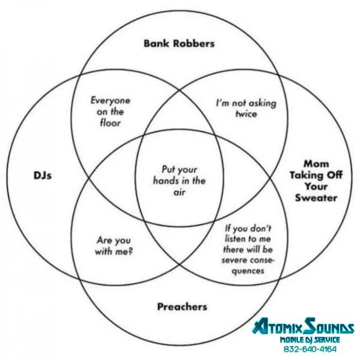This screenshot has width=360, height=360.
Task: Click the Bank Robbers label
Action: [179, 43]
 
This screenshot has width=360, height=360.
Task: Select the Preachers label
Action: [182, 307]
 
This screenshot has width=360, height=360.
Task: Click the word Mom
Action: [316, 163]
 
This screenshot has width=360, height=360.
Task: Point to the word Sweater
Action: [316, 198]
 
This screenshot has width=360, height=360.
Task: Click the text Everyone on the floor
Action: [110, 112]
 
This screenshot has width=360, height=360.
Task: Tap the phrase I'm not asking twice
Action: [247, 107]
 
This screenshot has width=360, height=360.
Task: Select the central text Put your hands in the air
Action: [179, 181]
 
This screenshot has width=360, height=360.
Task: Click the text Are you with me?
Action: [114, 246]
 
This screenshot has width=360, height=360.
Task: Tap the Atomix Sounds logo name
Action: [303, 328]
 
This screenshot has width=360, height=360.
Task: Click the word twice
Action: [246, 113]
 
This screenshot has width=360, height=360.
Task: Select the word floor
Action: [110, 123]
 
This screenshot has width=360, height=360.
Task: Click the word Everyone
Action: [110, 100]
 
